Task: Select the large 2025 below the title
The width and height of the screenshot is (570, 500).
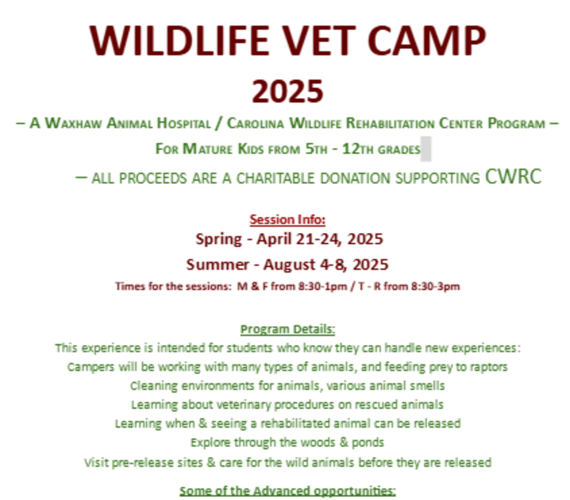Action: (288, 92)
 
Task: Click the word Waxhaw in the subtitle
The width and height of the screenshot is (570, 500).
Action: (73, 124)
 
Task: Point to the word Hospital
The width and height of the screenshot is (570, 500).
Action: (184, 124)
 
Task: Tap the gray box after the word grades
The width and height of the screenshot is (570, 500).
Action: (426, 149)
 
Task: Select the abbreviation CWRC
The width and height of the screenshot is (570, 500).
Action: (513, 177)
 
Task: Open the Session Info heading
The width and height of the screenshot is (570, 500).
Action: (288, 220)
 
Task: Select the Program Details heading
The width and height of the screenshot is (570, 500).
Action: (288, 329)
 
